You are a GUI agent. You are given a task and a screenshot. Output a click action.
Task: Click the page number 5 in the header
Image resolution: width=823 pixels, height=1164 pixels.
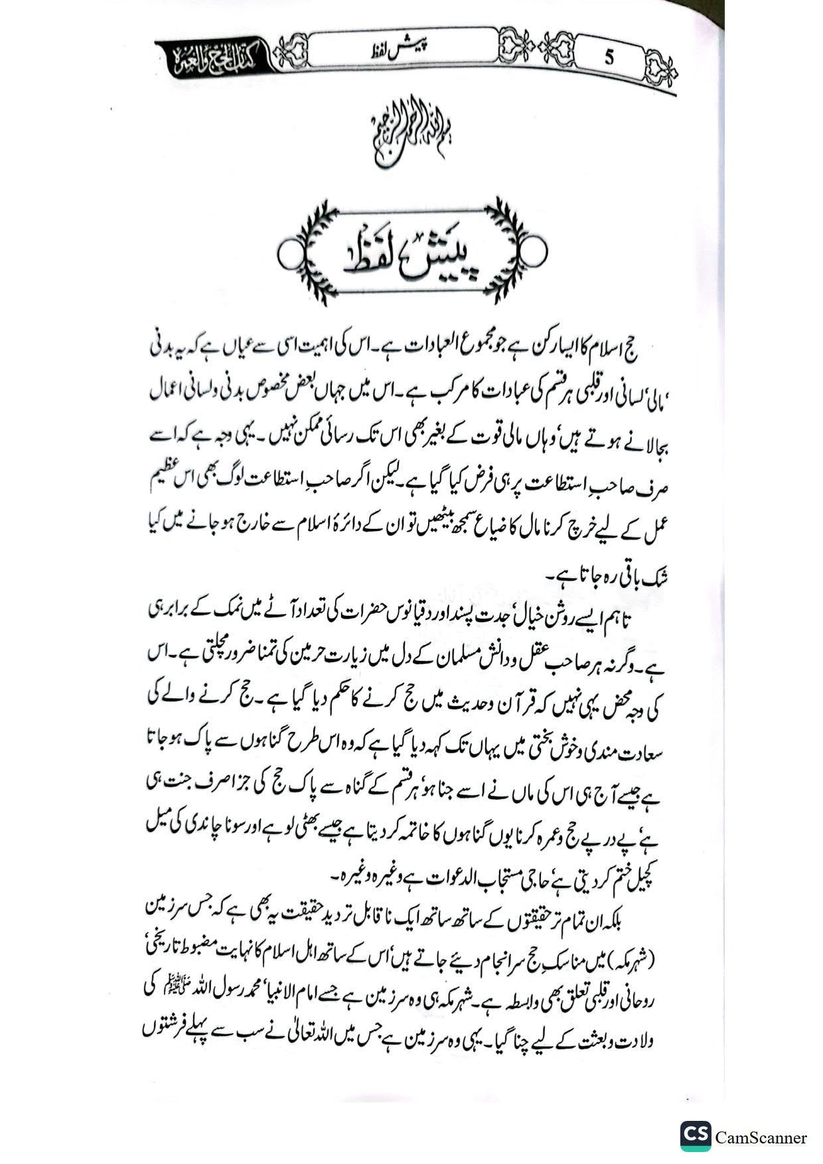click(609, 57)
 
